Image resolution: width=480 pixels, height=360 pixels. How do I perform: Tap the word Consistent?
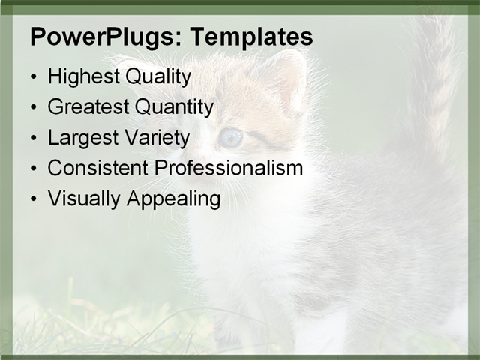point(98,168)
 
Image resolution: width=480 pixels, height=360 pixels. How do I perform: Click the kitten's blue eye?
point(231,137)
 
